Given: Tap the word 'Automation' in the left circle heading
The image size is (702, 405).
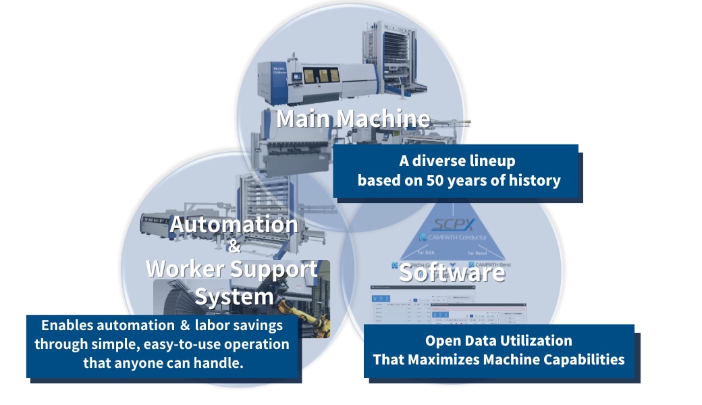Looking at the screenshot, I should pos(234,224).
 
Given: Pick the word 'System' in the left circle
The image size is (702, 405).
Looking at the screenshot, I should pos(234,295).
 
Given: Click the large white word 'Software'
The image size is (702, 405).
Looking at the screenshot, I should pos(451,272).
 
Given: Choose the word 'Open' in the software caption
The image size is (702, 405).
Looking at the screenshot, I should pos(443,341).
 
